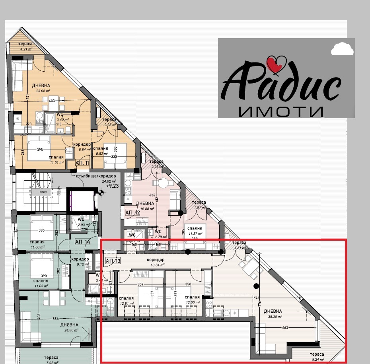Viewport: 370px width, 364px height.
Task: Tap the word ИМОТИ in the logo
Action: tap(281, 112)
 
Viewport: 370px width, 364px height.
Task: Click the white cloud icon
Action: tap(342, 49)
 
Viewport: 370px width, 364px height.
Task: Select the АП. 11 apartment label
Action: tap(82, 164)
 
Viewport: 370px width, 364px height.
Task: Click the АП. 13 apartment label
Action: tap(113, 261)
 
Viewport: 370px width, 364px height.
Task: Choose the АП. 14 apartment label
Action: tap(82, 242)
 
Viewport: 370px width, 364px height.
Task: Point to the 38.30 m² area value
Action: tap(275, 317)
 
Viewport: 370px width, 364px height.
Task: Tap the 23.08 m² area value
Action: tap(43, 91)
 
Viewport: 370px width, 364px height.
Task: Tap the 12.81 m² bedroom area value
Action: tap(126, 303)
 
